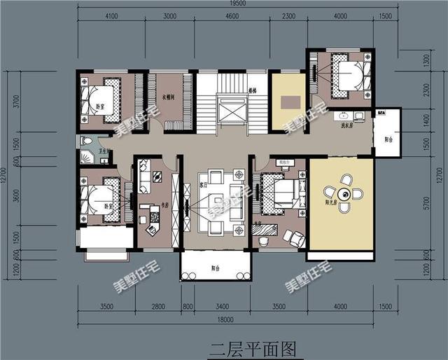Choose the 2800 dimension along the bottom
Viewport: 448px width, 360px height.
[x=157, y=306]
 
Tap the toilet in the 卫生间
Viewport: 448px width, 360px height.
[x=85, y=141]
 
